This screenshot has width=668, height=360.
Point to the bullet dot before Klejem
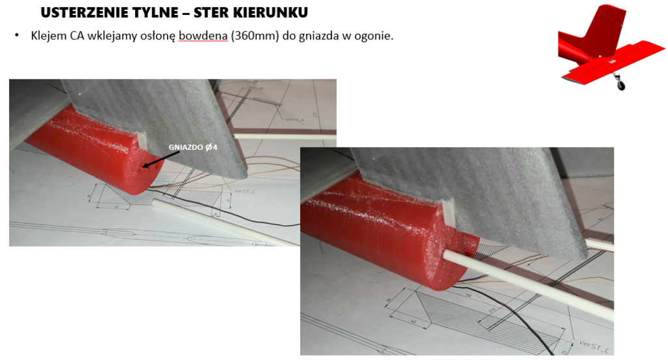pos(17,35)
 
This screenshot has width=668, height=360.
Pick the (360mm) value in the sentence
pos(254,35)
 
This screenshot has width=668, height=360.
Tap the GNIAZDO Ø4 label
pos(192,147)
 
